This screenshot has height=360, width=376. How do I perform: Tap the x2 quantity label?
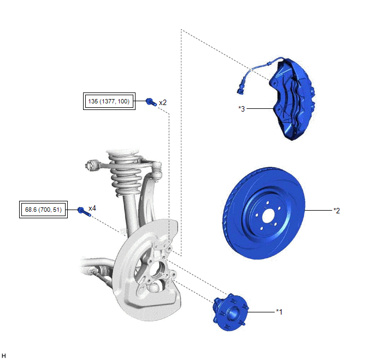click(162, 103)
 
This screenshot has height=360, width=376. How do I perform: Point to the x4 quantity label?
click(92, 208)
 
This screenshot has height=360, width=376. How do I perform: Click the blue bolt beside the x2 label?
click(151, 102)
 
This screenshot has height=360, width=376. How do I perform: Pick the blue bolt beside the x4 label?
click(84, 211)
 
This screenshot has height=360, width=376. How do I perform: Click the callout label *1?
click(279, 312)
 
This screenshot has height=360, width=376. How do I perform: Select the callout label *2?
click(337, 211)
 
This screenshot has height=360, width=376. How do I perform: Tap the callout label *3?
click(242, 109)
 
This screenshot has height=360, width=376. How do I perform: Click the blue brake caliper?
click(292, 98)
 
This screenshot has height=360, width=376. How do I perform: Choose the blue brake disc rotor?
click(264, 213)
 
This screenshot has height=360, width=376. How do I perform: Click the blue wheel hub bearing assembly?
click(230, 312)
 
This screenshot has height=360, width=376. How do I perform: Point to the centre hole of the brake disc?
click(268, 217)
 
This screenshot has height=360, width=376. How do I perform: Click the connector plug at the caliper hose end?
click(240, 91)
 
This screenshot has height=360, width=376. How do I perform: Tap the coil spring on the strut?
click(125, 175)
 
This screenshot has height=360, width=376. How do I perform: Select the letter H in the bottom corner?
click(4, 356)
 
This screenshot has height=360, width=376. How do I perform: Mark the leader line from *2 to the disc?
click(319, 211)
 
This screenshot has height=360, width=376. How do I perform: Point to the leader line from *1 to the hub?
click(261, 312)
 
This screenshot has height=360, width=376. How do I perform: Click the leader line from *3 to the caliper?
click(261, 109)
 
